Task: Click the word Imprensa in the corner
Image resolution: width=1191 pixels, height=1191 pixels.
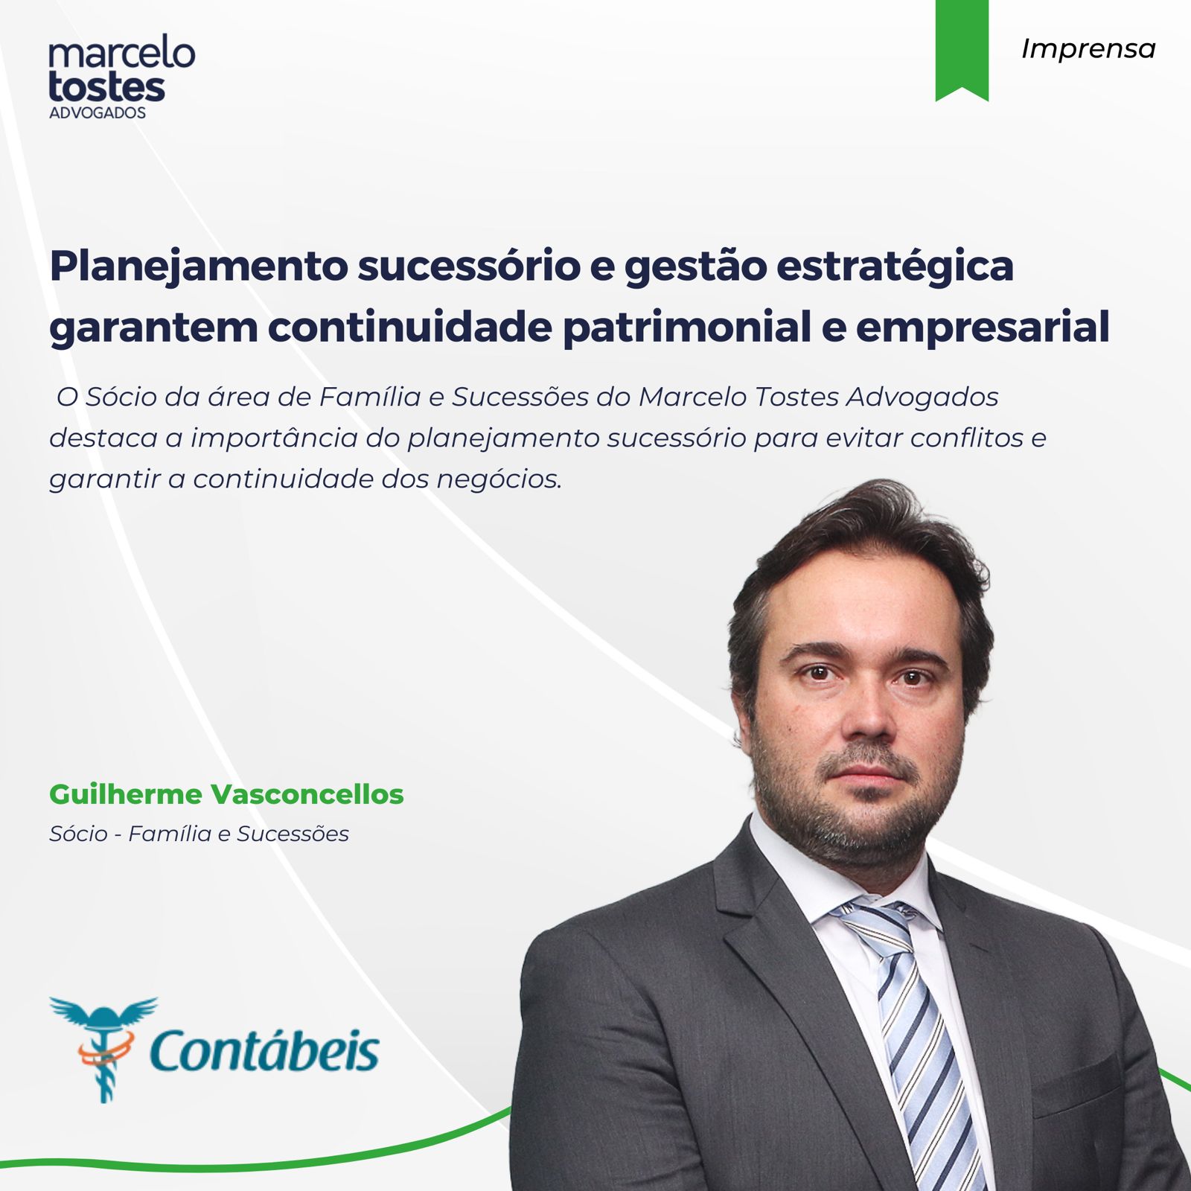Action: pos(1088,49)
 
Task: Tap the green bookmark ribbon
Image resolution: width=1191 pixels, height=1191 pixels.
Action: pos(962,49)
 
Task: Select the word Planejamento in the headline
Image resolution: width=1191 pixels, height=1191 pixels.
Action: pos(198,266)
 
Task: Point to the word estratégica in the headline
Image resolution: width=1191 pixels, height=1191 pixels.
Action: pos(895,266)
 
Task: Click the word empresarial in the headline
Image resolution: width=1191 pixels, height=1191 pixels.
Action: pos(983,328)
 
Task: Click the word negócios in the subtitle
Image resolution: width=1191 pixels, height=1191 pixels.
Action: pos(499,479)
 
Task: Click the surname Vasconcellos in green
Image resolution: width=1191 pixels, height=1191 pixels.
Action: pos(307,794)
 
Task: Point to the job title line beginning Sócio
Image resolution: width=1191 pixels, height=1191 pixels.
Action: pos(199,834)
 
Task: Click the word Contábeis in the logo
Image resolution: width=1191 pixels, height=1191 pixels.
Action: pos(264,1049)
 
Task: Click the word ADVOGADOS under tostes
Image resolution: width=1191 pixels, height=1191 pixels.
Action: pos(98,113)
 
